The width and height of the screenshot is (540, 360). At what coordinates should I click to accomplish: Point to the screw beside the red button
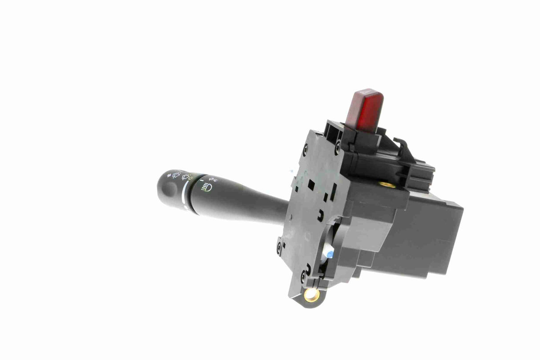click(338, 144)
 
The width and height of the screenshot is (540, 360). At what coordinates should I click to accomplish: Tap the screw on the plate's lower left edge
click(279, 246)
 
